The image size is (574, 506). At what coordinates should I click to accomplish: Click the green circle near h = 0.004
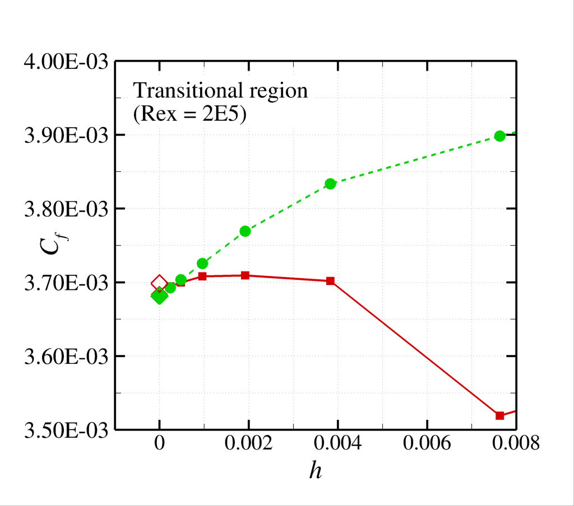(330, 184)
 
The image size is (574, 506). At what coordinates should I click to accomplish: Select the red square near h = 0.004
(330, 281)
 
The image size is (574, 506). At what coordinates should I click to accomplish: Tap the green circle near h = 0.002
(245, 231)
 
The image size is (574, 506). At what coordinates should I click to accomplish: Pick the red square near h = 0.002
(245, 275)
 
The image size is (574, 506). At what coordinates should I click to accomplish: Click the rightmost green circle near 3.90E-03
(500, 136)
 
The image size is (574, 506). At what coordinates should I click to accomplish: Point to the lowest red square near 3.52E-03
(500, 415)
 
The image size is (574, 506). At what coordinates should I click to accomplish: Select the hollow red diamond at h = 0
(159, 284)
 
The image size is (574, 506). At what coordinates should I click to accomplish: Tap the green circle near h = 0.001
(202, 264)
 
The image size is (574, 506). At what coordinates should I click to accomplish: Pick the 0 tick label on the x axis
(159, 445)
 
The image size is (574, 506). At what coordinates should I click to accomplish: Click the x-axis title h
(316, 470)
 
